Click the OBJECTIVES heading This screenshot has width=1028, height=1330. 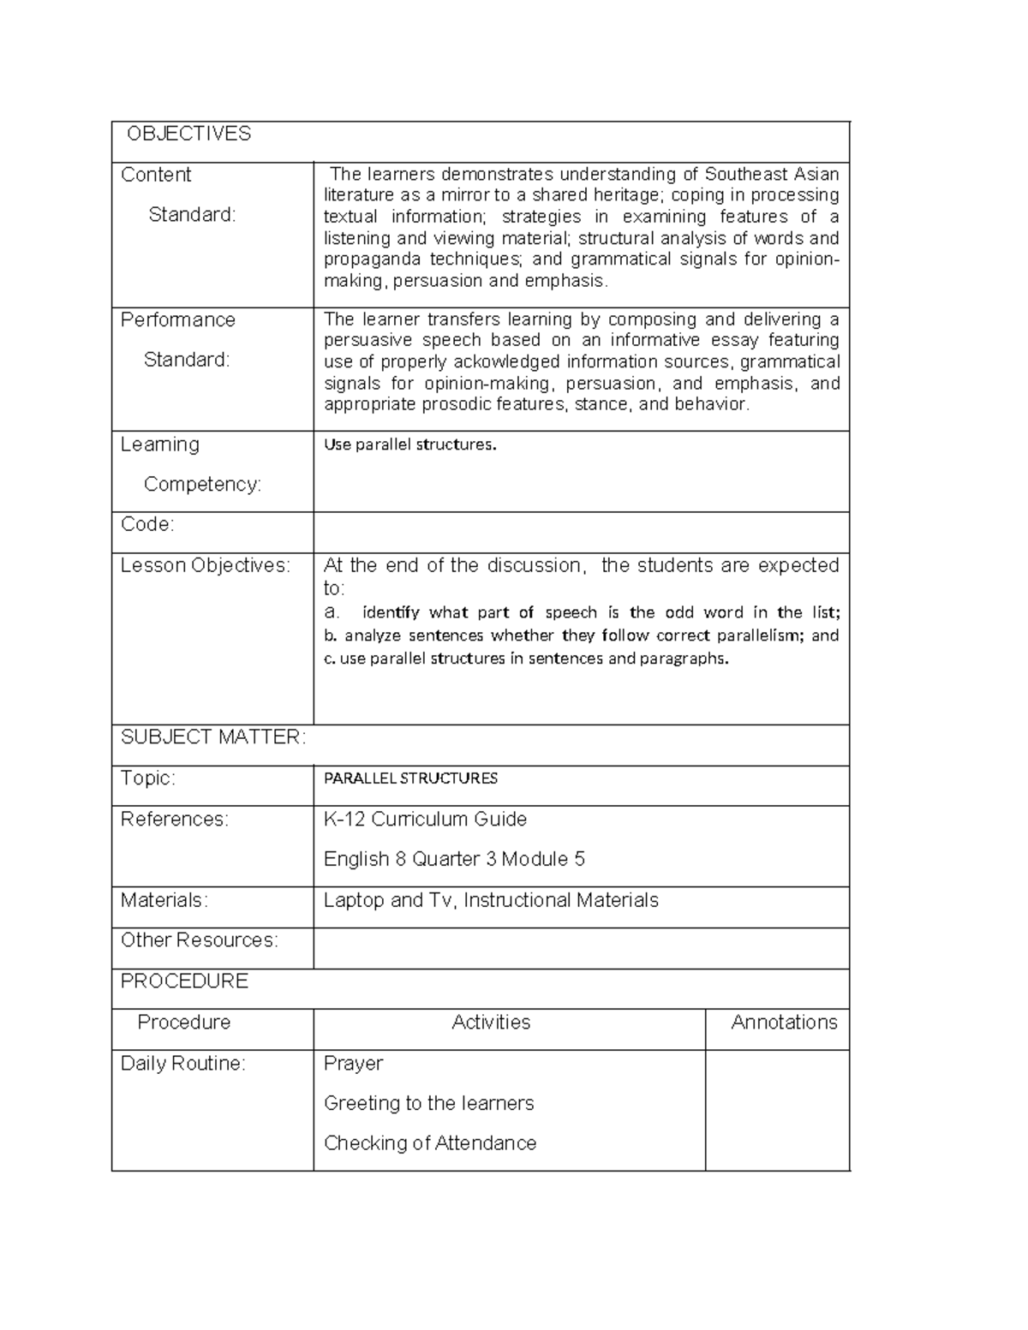tap(188, 134)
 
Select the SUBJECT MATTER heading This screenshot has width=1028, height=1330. tap(212, 737)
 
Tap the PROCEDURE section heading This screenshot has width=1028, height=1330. tap(184, 981)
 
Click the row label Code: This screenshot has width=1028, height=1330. tap(147, 524)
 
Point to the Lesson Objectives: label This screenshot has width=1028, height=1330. tap(206, 565)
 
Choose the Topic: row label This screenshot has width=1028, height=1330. tap(147, 778)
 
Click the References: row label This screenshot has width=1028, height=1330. tap(175, 820)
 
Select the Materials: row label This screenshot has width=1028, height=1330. tap(164, 900)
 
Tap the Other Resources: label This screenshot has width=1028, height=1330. tap(200, 940)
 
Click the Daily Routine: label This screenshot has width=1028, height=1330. tap(182, 1064)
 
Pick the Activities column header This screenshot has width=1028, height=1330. tap(491, 1023)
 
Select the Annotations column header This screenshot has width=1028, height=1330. tap(784, 1023)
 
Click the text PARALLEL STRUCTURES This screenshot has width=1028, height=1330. tap(410, 778)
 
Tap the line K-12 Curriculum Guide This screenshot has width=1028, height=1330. tap(425, 820)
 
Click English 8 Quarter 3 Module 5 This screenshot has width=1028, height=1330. tap(454, 859)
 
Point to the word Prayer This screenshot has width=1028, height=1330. tap(353, 1064)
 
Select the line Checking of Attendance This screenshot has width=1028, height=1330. tap(430, 1143)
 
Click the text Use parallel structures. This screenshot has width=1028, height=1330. tap(409, 445)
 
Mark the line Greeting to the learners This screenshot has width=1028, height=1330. tap(428, 1104)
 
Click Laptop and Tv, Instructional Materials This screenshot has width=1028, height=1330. tap(491, 900)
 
